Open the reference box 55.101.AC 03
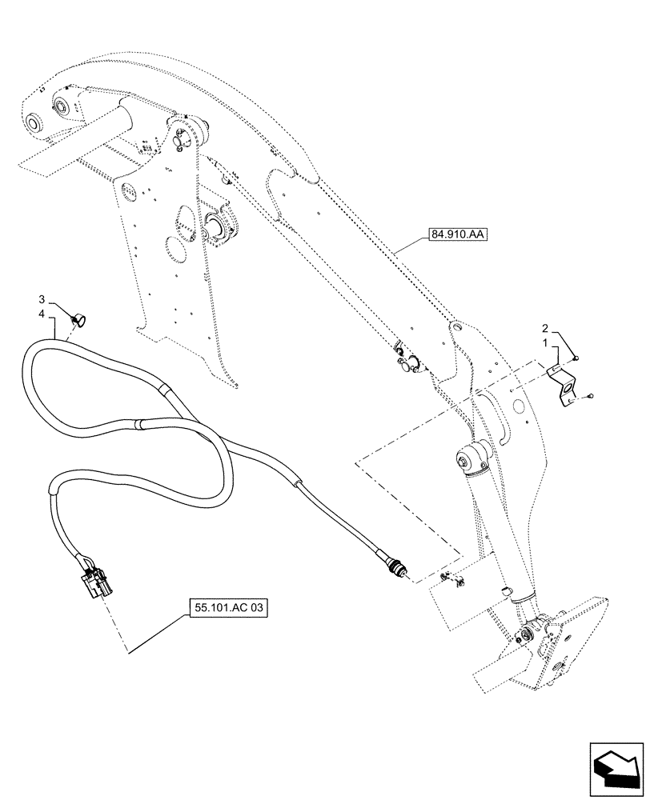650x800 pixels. [228, 608]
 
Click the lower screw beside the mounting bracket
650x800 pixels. [588, 395]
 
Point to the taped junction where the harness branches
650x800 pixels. [164, 389]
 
